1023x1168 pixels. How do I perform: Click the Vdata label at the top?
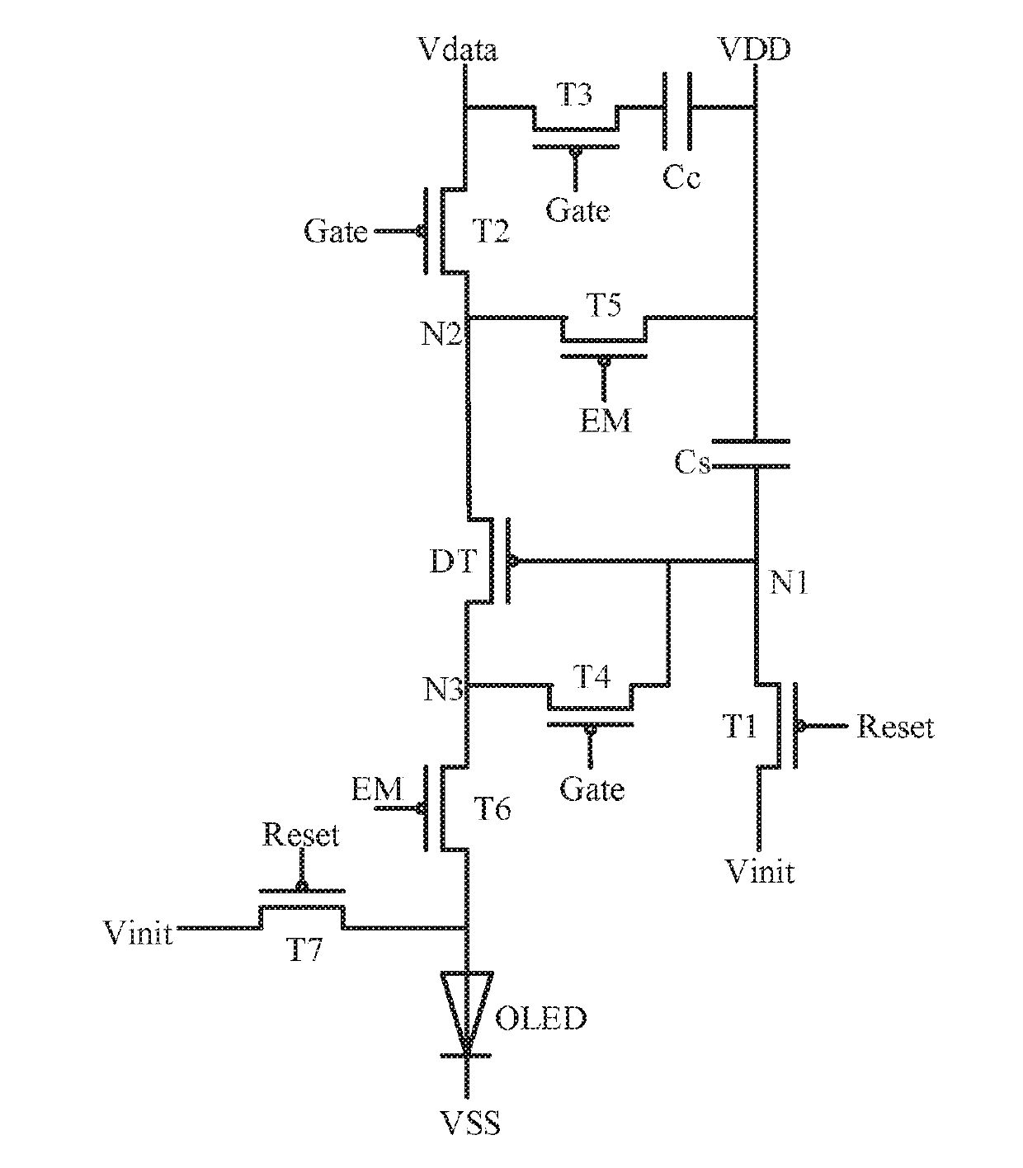tap(458, 49)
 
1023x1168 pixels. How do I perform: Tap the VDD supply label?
tap(755, 49)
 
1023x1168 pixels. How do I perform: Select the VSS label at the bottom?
tap(469, 1123)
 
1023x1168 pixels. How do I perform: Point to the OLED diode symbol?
tap(466, 1015)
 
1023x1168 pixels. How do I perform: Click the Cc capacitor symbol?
tap(677, 111)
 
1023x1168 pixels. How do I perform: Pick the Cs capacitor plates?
tap(752, 454)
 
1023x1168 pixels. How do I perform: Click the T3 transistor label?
tap(574, 94)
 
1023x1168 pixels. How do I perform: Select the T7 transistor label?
tap(304, 950)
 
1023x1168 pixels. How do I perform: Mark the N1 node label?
tap(789, 583)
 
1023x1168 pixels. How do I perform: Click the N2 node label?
tap(441, 334)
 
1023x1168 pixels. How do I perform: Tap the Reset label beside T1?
tap(895, 728)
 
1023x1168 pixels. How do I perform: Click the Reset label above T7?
tap(301, 836)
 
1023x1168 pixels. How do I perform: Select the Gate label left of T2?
tap(336, 231)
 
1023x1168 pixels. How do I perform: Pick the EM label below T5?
tap(605, 422)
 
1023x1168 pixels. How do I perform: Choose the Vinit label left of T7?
tap(138, 934)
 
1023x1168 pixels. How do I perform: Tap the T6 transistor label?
tap(492, 808)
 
